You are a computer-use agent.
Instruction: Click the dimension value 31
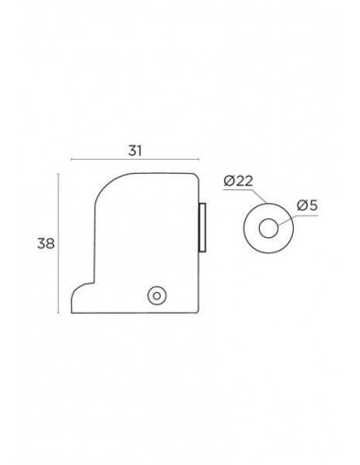135,151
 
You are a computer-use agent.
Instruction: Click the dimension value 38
46,244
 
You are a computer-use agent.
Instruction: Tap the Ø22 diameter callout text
238,181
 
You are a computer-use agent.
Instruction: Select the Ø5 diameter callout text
307,206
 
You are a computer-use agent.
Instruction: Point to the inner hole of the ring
268,228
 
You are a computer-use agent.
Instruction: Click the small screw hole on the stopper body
157,296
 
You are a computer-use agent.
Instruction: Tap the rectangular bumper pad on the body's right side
202,228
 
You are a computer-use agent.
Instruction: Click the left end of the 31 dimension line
72,160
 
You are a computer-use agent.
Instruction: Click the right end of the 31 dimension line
198,160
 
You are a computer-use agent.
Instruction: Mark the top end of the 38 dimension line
59,174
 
